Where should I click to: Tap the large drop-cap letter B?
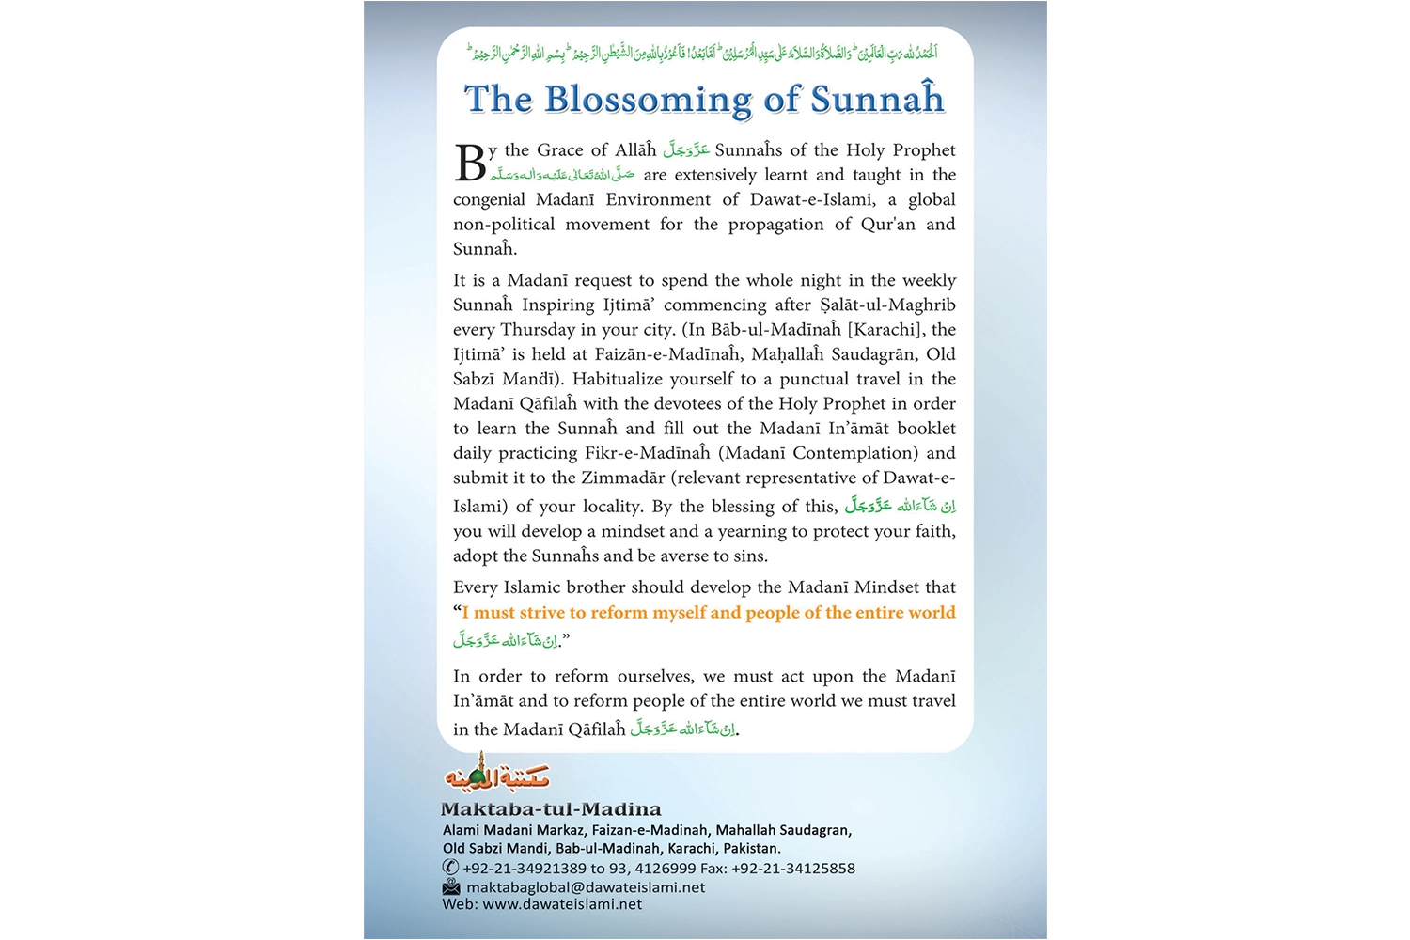[x=470, y=164]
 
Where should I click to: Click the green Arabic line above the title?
[x=703, y=52]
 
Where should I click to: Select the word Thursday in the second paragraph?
[x=538, y=330]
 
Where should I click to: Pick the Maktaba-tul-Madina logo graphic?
[x=496, y=774]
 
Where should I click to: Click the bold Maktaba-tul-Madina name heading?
[x=551, y=809]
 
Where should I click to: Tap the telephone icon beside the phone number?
[x=450, y=868]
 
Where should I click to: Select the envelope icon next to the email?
[x=451, y=887]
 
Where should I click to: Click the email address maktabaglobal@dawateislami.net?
[x=586, y=887]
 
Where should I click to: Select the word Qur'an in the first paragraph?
[x=887, y=225]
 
